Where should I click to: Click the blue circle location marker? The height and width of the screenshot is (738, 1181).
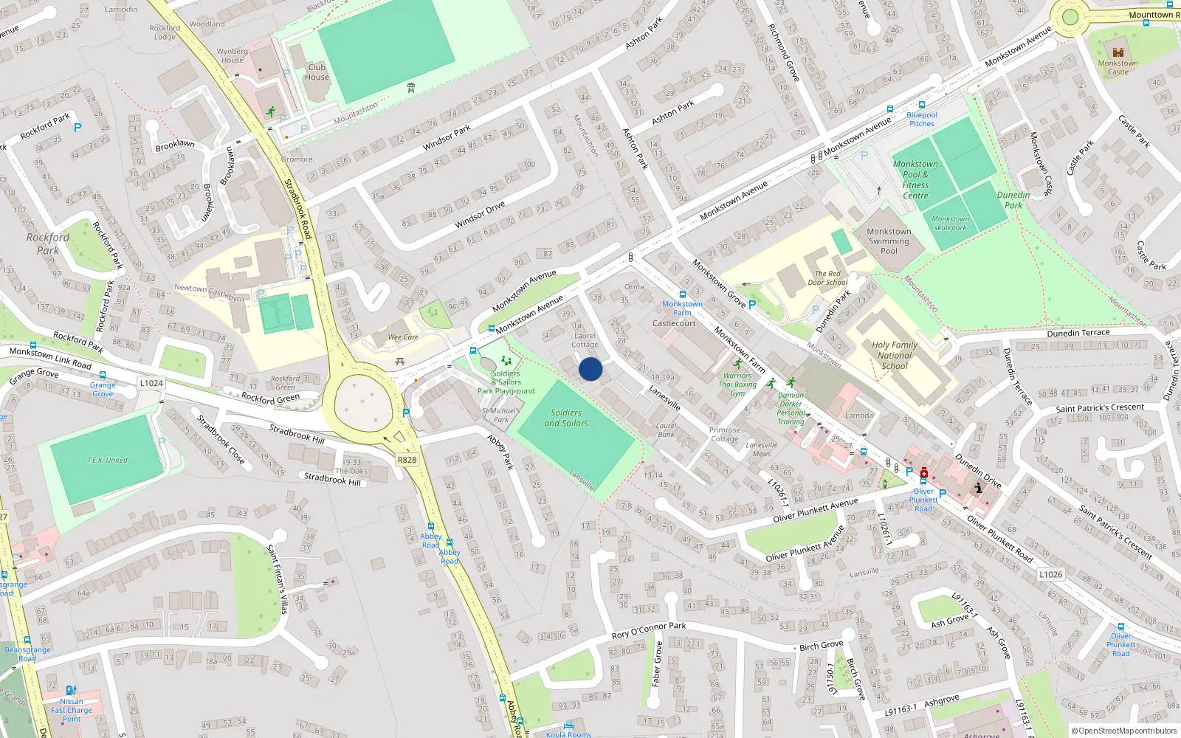pyautogui.click(x=590, y=369)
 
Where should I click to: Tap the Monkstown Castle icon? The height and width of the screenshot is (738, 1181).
pyautogui.click(x=1117, y=52)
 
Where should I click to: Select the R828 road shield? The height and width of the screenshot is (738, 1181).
pyautogui.click(x=407, y=460)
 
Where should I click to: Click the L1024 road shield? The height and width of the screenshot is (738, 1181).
pyautogui.click(x=151, y=383)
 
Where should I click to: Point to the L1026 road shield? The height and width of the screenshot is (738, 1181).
pyautogui.click(x=1050, y=574)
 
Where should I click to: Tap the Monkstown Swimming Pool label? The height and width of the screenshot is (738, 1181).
pyautogui.click(x=889, y=241)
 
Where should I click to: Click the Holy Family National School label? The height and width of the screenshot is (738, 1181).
pyautogui.click(x=895, y=355)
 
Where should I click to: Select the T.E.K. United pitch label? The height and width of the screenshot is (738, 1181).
pyautogui.click(x=108, y=461)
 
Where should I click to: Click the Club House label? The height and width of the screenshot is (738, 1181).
pyautogui.click(x=317, y=72)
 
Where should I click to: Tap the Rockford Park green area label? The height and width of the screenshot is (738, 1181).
pyautogui.click(x=48, y=244)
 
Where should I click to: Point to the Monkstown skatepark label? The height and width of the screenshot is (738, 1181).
pyautogui.click(x=950, y=223)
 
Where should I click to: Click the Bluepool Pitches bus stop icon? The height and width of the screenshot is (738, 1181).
pyautogui.click(x=921, y=105)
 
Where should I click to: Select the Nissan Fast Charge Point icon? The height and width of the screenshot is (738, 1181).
pyautogui.click(x=71, y=690)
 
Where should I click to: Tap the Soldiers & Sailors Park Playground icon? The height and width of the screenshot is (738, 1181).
pyautogui.click(x=506, y=362)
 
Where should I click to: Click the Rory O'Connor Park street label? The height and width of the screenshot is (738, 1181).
pyautogui.click(x=649, y=630)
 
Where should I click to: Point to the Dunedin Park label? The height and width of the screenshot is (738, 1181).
pyautogui.click(x=1013, y=200)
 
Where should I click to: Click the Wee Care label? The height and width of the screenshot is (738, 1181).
pyautogui.click(x=403, y=337)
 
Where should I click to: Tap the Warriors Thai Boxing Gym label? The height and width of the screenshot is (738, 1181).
pyautogui.click(x=737, y=384)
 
